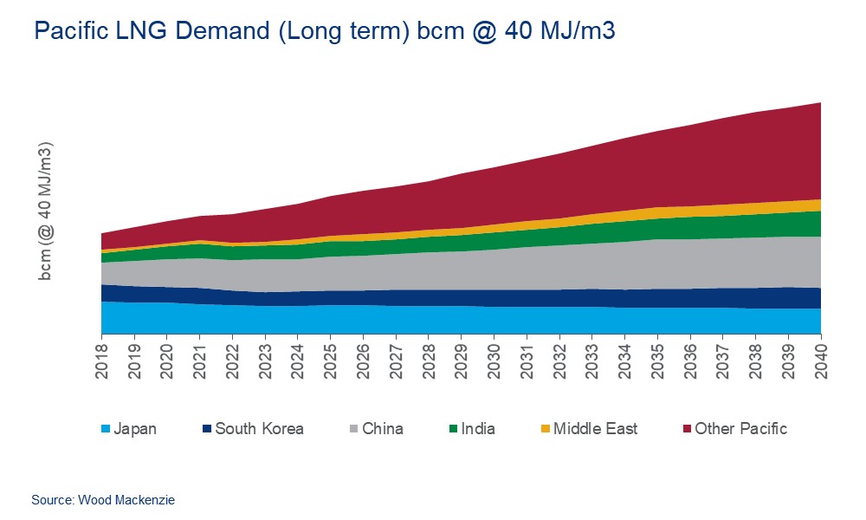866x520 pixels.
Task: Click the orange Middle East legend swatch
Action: tap(545, 429)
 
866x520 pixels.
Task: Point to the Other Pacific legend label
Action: tap(740, 428)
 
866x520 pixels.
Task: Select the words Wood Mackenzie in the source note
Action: tap(126, 500)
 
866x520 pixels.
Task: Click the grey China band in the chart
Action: tap(520, 269)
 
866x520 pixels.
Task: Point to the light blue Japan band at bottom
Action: tap(433, 319)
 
